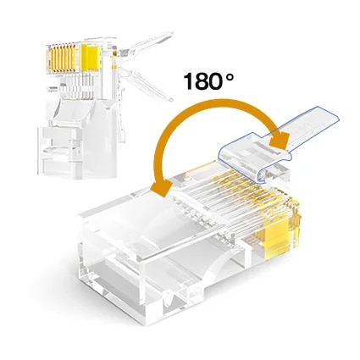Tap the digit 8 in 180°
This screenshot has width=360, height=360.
[201, 81]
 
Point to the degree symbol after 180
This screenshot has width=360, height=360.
[230, 76]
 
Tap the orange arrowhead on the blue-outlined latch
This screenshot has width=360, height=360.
[280, 138]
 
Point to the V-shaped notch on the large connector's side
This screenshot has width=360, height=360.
[169, 298]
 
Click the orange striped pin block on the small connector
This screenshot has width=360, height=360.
[61, 58]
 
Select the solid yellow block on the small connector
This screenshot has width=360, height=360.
[91, 57]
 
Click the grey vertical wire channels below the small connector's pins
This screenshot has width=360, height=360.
[77, 86]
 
